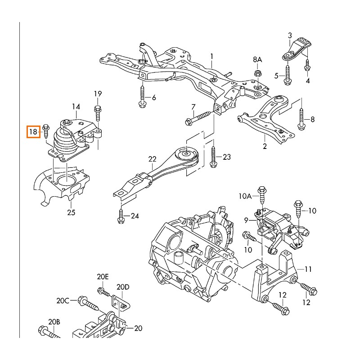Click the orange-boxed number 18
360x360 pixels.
click(33, 132)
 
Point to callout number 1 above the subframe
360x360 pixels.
click(211, 56)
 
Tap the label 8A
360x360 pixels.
click(257, 59)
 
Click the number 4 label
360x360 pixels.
click(308, 81)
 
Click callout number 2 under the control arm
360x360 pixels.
click(265, 146)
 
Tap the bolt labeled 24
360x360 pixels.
click(120, 216)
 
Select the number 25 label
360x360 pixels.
click(71, 212)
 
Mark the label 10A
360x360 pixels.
click(245, 196)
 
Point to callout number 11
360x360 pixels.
click(308, 269)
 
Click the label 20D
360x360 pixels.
click(123, 287)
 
